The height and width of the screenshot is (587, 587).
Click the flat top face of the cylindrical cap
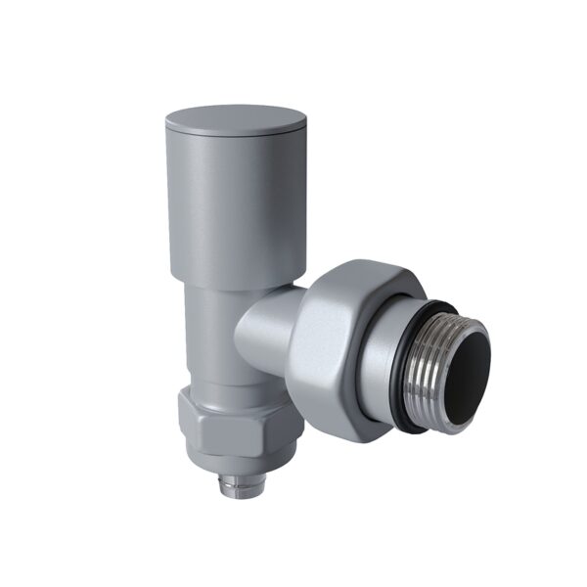(236, 118)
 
